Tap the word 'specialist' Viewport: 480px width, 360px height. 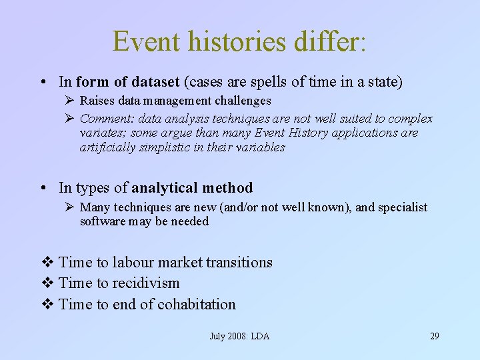point(403,207)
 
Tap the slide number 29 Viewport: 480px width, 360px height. point(434,336)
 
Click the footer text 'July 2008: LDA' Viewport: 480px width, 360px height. point(239,336)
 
